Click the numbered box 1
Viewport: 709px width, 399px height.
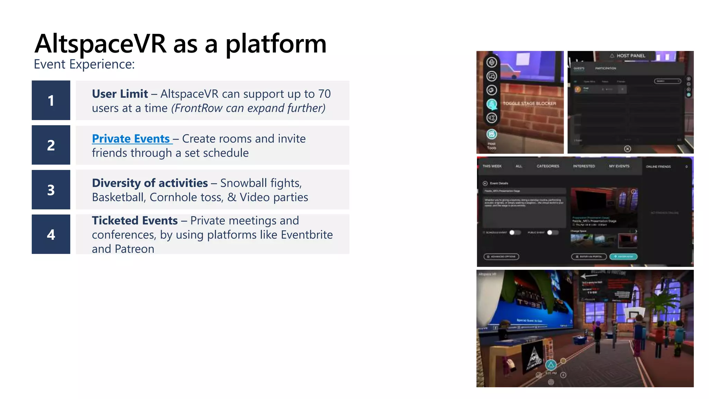tap(51, 100)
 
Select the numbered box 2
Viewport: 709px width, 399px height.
tap(51, 145)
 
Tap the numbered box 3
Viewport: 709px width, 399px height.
tap(51, 190)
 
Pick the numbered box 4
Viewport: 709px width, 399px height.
tap(51, 234)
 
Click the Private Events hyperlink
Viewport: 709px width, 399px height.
tap(131, 139)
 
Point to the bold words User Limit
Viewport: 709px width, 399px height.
tap(120, 94)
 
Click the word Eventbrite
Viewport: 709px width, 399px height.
tap(307, 235)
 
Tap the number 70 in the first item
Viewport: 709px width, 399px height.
tap(324, 94)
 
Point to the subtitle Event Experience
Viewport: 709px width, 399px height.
tap(84, 64)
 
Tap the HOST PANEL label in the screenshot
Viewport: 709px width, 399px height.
tap(631, 55)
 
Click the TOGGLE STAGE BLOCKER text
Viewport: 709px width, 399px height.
tap(529, 103)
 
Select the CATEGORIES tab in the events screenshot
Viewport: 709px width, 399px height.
tap(548, 166)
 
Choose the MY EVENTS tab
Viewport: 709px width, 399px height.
tap(619, 166)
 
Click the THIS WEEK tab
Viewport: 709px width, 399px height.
tap(492, 166)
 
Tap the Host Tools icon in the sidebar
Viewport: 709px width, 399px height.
tap(492, 134)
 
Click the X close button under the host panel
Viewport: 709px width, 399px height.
tap(628, 149)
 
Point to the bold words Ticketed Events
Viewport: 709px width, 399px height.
tap(135, 221)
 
